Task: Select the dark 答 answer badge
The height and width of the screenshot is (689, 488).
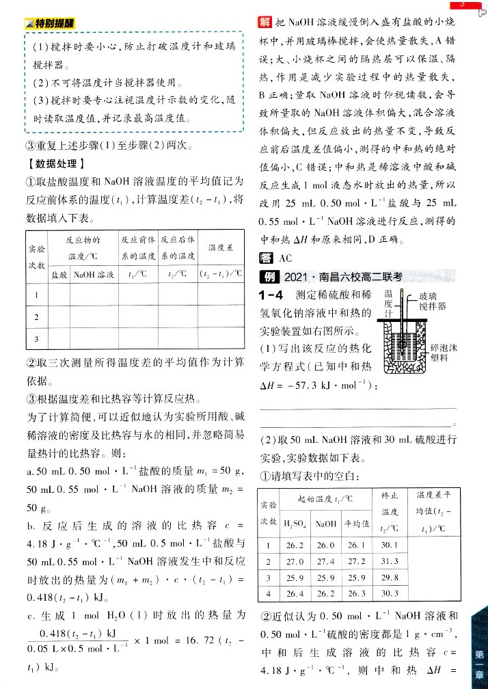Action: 265,257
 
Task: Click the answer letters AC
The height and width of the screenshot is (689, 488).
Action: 285,258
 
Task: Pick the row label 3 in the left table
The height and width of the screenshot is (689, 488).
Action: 36,338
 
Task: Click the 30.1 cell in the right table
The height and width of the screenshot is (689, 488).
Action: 389,545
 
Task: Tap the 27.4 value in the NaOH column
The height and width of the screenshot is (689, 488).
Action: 325,561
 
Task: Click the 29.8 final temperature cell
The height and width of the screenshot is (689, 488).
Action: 389,578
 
